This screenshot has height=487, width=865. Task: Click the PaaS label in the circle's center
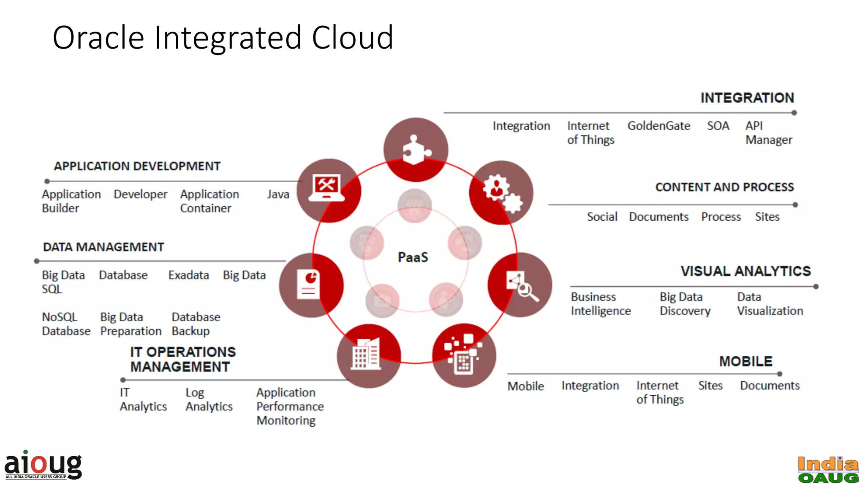pos(413,257)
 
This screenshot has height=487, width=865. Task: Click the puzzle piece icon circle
pos(416,150)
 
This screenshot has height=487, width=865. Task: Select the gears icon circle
pos(501,193)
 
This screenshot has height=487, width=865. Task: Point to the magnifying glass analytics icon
pos(520,285)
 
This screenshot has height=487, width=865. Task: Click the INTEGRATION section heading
pos(747,98)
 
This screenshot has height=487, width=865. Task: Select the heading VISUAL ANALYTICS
pos(745,271)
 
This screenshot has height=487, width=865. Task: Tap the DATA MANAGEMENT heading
pos(103,247)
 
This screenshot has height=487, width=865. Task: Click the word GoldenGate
pos(658,126)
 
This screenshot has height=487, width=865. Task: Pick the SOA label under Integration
pos(718,126)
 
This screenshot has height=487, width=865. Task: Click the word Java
pos(278,194)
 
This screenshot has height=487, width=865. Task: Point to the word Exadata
pos(188,275)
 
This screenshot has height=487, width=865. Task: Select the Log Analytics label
pos(209,399)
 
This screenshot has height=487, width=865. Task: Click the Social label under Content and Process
pos(602,217)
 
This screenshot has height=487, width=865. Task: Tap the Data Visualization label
pos(770,304)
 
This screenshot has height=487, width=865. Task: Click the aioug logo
pos(43,465)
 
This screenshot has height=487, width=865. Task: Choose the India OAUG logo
pos(828,470)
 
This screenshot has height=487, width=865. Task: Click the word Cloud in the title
pos(352,38)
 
